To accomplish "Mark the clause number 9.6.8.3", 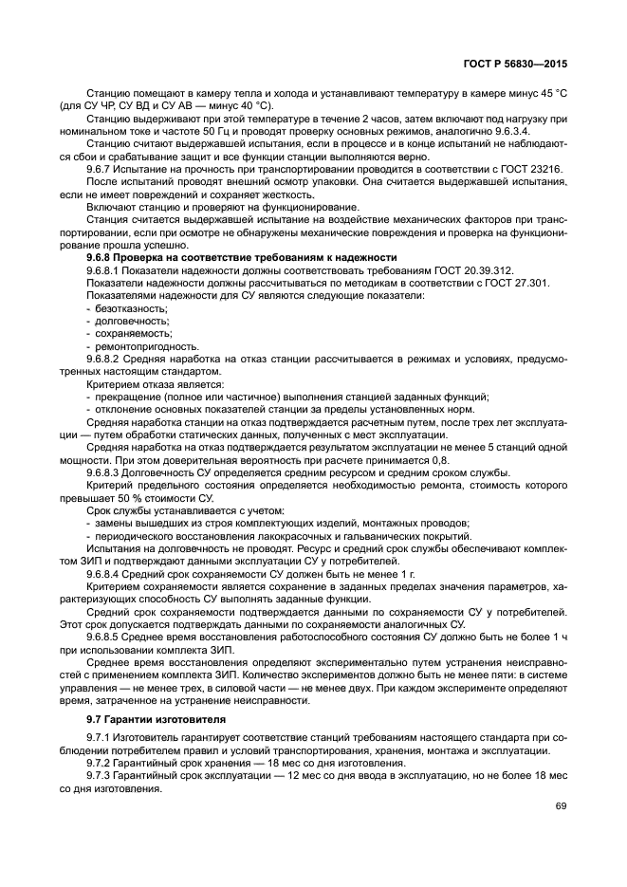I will (x=106, y=471).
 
